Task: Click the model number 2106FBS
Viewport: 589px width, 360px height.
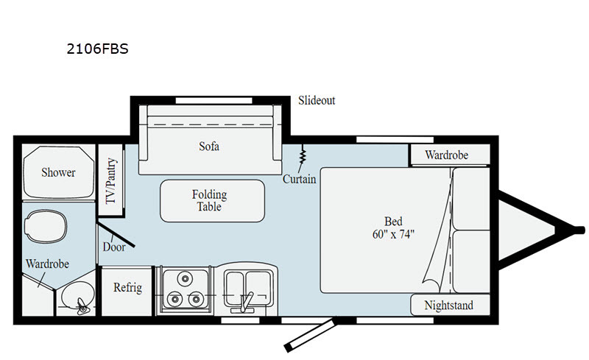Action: [x=97, y=49]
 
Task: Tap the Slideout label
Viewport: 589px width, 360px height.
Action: [x=317, y=100]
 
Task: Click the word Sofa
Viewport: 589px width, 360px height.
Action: [x=209, y=146]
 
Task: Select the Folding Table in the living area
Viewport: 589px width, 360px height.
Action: [x=212, y=201]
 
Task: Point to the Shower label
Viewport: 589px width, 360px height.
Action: [x=58, y=172]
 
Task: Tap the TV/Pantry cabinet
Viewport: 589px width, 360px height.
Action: [x=111, y=180]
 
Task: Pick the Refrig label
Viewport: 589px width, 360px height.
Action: [x=127, y=287]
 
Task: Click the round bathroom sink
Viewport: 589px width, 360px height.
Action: [x=78, y=297]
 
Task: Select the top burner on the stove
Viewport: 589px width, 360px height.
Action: [x=185, y=278]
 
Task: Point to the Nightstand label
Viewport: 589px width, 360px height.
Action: [x=449, y=305]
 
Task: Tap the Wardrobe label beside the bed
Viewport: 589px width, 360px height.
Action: [x=447, y=155]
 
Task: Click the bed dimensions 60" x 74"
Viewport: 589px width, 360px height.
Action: [x=393, y=234]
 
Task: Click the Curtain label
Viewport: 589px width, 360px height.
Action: [x=300, y=179]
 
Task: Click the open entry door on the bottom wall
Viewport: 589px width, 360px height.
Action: [x=310, y=335]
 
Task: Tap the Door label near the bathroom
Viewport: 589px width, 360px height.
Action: [x=114, y=247]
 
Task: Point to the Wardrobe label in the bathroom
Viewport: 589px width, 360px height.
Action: [x=47, y=264]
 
